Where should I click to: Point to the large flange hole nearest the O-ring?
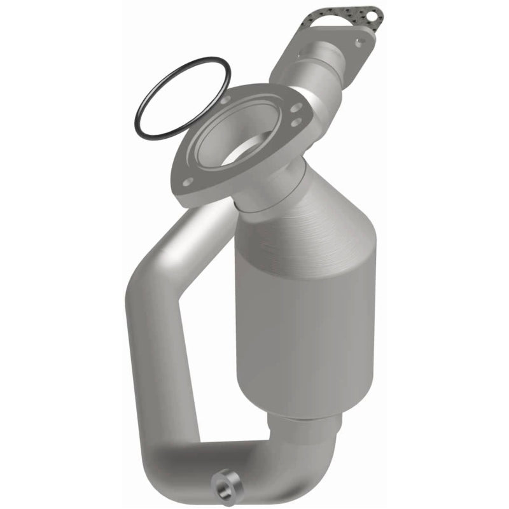tap(225, 100)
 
